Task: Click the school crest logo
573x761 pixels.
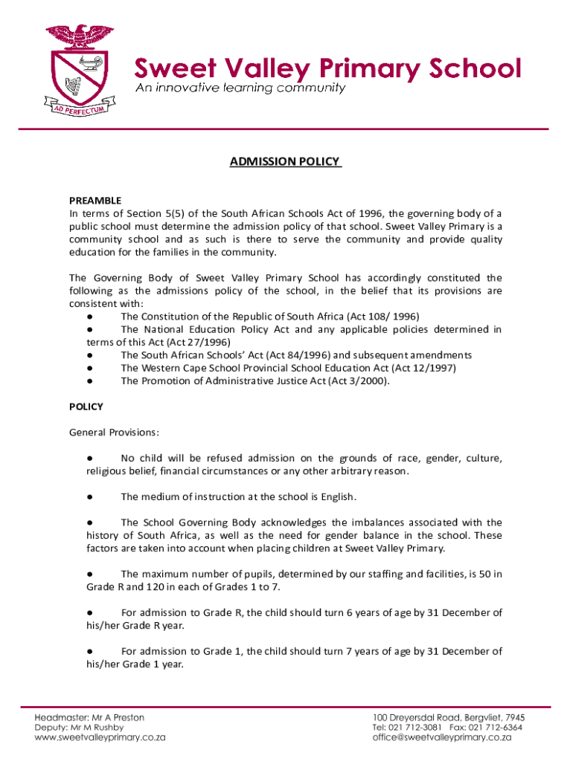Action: [x=77, y=68]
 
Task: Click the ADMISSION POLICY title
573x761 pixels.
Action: [x=286, y=161]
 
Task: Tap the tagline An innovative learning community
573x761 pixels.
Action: [x=240, y=88]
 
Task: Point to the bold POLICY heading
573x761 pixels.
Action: [x=86, y=407]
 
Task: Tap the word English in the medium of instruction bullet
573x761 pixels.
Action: [x=338, y=496]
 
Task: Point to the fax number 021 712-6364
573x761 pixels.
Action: [x=495, y=728]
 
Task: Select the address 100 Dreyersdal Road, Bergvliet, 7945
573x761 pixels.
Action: [x=449, y=718]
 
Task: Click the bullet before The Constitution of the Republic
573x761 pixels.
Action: [x=89, y=317]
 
